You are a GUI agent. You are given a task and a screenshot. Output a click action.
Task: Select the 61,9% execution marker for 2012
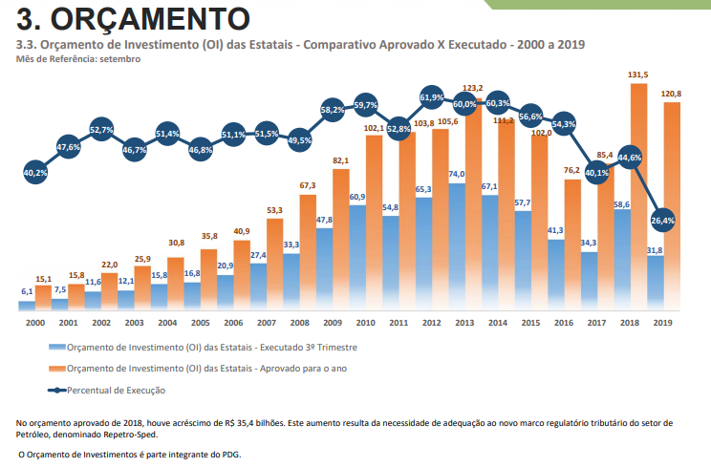coord(432,96)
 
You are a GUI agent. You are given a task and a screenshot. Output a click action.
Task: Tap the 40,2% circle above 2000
coord(35,173)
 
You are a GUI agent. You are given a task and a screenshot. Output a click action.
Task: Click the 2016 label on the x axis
coord(564,324)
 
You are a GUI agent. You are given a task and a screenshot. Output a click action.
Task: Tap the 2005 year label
coord(201,324)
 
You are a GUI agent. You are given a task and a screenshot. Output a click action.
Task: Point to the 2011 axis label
coord(399,324)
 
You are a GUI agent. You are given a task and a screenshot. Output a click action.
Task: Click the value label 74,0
coord(456,175)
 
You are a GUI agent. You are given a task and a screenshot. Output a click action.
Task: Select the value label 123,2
coord(473,88)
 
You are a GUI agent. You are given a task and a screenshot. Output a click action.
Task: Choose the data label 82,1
coord(341,160)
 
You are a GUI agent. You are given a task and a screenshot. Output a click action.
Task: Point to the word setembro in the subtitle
coord(119,59)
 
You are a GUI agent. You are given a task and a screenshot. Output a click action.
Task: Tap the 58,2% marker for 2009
coord(333,110)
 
